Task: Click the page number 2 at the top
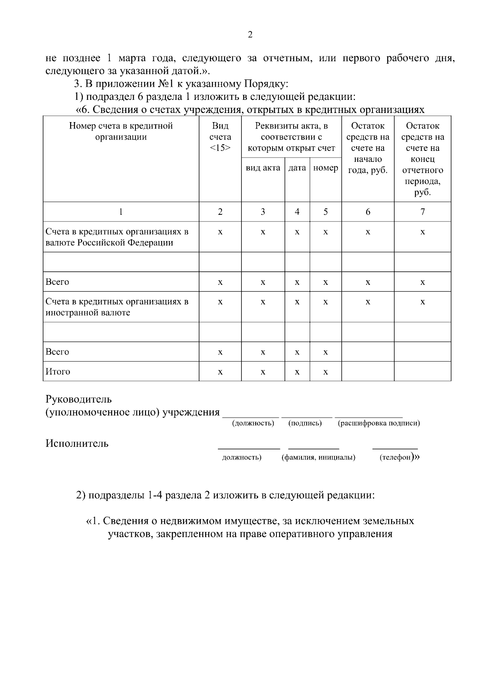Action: [x=250, y=35]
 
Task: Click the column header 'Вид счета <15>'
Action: [x=220, y=137]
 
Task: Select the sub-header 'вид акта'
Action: [x=263, y=168]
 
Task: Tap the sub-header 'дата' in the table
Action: [x=297, y=168]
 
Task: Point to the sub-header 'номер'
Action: [x=325, y=168]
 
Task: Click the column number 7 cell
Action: [x=423, y=212]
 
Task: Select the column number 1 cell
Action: [x=121, y=212]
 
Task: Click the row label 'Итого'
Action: [x=58, y=372]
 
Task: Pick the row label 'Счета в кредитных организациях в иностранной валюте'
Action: [x=117, y=307]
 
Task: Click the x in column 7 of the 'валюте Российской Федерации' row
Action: [x=423, y=232]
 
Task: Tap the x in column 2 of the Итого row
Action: [x=220, y=372]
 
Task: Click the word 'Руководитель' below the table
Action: [x=79, y=399]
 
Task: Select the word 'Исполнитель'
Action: [x=77, y=444]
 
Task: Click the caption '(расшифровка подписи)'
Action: [x=379, y=423]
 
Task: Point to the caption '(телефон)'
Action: [x=396, y=457]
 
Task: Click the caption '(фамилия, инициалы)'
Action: [x=318, y=457]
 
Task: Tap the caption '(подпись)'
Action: [x=305, y=423]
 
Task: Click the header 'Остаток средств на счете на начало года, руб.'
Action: [x=368, y=148]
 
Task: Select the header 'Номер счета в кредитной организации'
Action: [x=121, y=131]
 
